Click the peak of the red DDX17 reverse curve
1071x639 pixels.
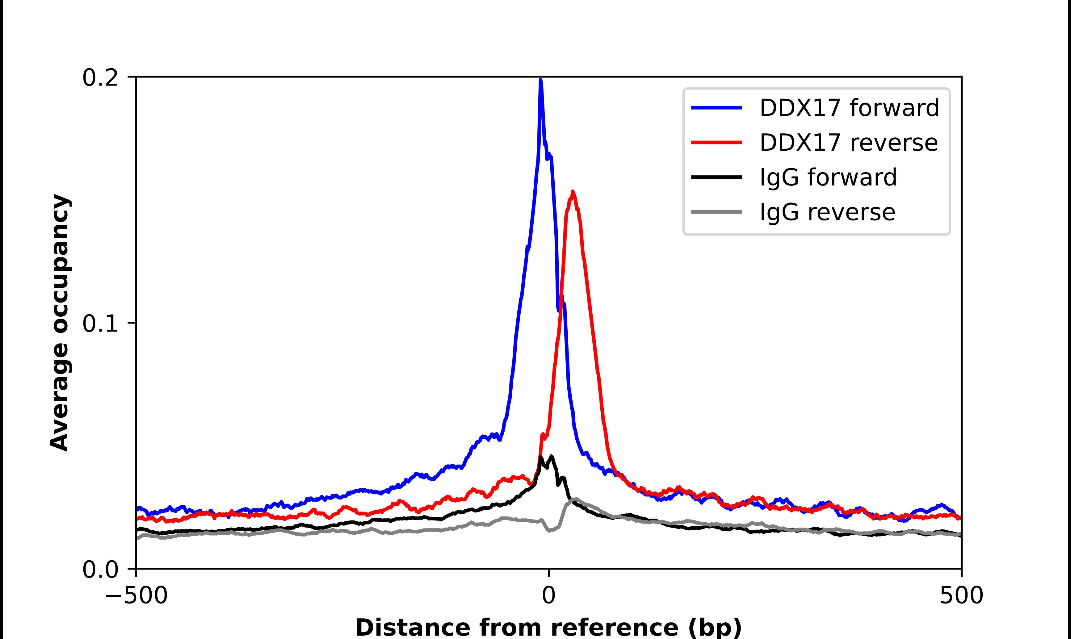point(572,192)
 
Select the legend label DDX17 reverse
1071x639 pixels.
point(848,143)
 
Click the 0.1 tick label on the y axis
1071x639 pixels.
point(100,324)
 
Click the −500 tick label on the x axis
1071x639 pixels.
point(136,596)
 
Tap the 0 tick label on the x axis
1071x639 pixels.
point(549,596)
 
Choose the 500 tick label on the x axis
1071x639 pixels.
point(961,596)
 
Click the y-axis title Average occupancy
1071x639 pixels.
point(59,323)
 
